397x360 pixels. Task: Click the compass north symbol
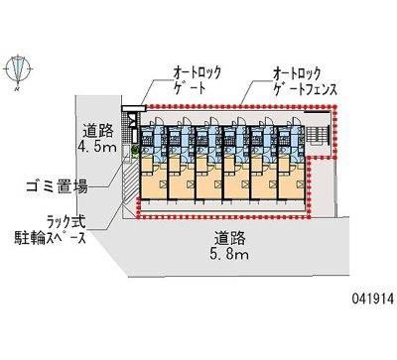click(18, 68)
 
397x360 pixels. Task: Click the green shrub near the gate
click(136, 152)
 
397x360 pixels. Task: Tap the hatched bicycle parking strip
click(129, 187)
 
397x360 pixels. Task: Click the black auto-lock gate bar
click(129, 108)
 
